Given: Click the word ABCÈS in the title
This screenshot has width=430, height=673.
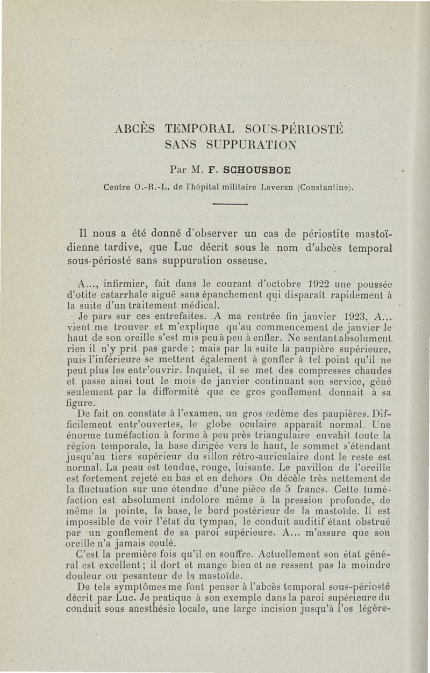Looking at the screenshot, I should (x=135, y=129).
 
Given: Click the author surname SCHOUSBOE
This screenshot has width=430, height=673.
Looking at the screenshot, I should (x=253, y=171).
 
